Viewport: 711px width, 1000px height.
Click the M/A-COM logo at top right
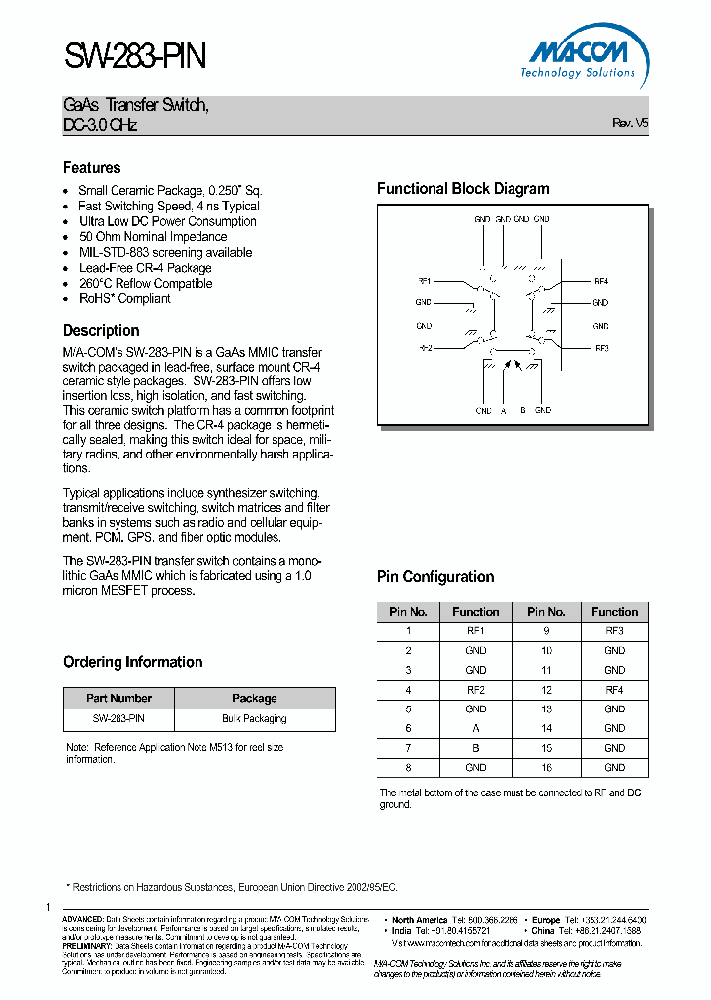[579, 54]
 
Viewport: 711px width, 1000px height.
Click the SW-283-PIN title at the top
[135, 56]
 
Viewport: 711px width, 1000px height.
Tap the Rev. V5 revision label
[630, 124]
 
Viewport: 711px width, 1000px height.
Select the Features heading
[92, 168]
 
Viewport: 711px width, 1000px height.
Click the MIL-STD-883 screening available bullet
[165, 252]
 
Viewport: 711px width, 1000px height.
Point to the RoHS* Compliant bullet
[124, 298]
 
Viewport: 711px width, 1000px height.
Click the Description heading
[101, 331]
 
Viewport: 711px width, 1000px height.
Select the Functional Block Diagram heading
[463, 189]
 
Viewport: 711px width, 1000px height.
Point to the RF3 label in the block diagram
[601, 348]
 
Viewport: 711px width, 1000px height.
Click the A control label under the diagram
[503, 410]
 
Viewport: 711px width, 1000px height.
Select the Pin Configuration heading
[435, 577]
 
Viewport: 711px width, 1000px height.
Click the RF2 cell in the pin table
[475, 690]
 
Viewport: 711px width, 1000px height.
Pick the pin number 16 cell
[546, 767]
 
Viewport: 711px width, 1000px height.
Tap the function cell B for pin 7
[475, 748]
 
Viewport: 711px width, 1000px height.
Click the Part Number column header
[118, 698]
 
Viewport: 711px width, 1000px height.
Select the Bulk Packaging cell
[254, 718]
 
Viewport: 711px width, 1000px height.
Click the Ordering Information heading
[132, 662]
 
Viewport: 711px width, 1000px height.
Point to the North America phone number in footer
[486, 919]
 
